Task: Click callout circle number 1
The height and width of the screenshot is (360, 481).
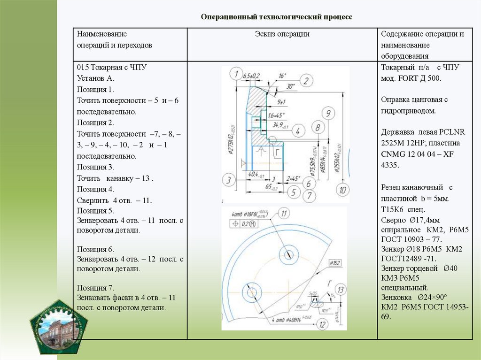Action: coord(235,73)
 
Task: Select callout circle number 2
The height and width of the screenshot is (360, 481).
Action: coord(306,81)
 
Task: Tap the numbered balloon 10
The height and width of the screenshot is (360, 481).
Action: coord(343,190)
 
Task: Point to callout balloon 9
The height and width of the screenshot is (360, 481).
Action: coord(328,113)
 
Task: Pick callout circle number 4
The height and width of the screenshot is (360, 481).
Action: coord(298,130)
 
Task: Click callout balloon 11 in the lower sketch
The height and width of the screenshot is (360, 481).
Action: coord(284,214)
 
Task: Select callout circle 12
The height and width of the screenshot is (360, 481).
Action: coord(321,324)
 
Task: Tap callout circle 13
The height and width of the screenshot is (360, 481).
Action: coord(341,290)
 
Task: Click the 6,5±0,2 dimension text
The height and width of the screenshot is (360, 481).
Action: coord(252,76)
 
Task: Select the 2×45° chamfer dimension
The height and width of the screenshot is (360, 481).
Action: coord(293,178)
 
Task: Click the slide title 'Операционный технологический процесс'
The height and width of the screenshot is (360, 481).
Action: coord(276,17)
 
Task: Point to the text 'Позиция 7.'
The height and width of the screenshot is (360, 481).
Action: coord(95,287)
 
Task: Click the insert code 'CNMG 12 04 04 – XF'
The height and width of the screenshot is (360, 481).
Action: coord(417,154)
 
